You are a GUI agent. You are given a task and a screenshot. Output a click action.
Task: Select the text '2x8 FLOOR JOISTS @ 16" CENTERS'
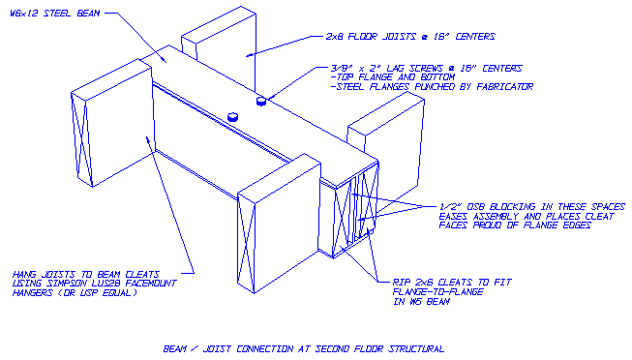[408, 36]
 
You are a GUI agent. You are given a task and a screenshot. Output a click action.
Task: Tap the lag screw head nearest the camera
[232, 115]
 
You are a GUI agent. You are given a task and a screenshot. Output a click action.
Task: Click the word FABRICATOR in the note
[502, 86]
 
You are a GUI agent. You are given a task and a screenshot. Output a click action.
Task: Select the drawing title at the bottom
[303, 345]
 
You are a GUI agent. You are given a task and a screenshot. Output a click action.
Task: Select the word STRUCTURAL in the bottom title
[417, 345]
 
